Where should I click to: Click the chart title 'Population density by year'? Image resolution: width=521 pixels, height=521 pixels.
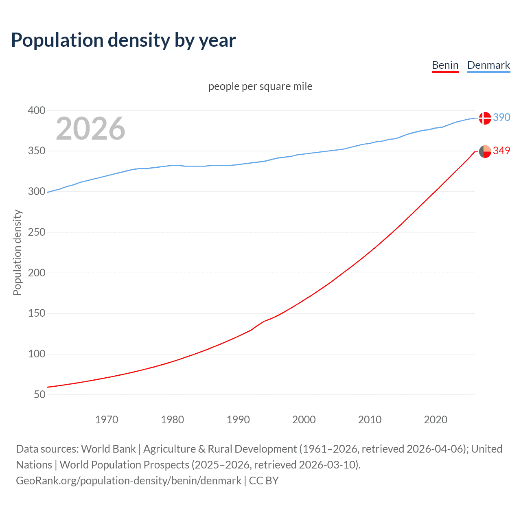click(x=123, y=40)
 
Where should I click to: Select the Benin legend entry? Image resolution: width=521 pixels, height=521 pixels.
click(x=445, y=65)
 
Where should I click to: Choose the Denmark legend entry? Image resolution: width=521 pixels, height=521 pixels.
click(x=488, y=65)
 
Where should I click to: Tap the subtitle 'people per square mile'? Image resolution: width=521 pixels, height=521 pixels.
click(x=260, y=86)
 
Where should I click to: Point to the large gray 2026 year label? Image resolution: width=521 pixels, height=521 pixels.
click(x=90, y=129)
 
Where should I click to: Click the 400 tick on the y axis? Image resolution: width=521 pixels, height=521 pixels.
click(x=37, y=110)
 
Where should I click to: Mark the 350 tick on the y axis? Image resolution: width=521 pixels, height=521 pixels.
click(x=37, y=151)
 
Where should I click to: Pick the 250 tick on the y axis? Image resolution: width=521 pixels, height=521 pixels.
click(x=37, y=232)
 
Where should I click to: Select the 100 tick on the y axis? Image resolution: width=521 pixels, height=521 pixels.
click(x=37, y=354)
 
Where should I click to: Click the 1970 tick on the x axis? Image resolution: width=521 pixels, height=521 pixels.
click(x=107, y=420)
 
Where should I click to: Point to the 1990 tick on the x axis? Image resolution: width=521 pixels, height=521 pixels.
click(x=238, y=420)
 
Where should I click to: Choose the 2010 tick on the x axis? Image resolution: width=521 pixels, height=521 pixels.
click(x=370, y=420)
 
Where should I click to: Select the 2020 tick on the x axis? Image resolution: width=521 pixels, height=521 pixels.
click(x=436, y=420)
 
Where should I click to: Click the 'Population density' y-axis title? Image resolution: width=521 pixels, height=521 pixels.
click(x=17, y=252)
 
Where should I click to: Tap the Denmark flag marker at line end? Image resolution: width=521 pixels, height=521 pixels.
click(x=485, y=118)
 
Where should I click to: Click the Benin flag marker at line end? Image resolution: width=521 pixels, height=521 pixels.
click(x=485, y=151)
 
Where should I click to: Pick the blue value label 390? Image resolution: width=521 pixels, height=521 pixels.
click(x=501, y=117)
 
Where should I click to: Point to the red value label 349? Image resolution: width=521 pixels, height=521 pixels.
click(x=501, y=151)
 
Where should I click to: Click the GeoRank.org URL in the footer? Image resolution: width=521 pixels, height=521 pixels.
click(x=129, y=481)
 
